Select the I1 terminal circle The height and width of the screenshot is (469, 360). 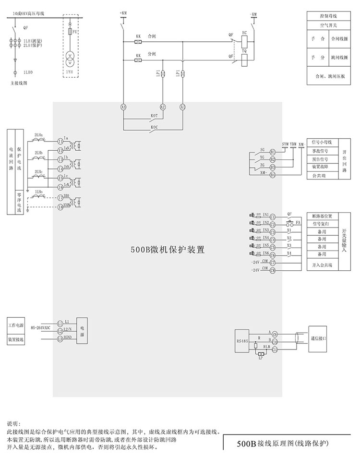click(60, 141)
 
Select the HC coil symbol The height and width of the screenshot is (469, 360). click(244, 41)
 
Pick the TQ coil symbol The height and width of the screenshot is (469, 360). click(244, 59)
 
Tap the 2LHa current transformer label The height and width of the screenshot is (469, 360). click(39, 135)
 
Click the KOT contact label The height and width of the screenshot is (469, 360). click(155, 116)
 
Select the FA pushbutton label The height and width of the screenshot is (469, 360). click(298, 223)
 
